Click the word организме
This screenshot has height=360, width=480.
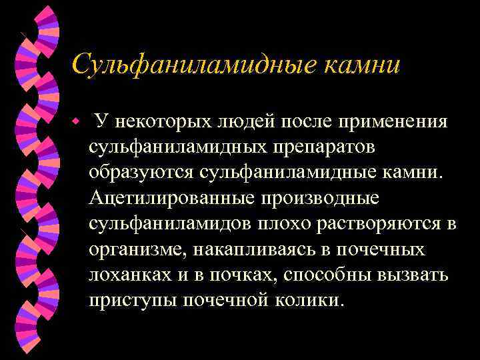click(x=135, y=249)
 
